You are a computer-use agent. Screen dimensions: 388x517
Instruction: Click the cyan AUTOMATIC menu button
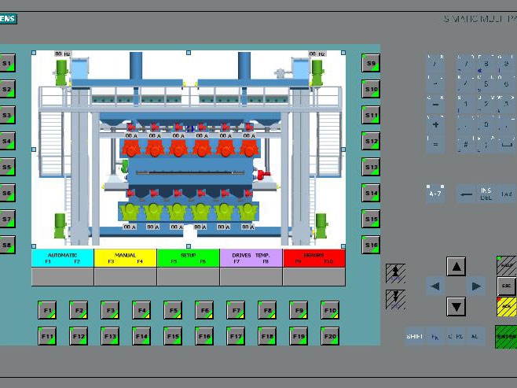62,258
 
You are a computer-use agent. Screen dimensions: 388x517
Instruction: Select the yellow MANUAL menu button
125,258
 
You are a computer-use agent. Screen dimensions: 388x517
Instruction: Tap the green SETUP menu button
188,258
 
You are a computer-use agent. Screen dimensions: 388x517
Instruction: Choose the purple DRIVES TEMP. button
251,258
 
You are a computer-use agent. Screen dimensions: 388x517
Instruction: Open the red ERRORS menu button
313,258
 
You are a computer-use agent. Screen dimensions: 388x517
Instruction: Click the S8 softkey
7,245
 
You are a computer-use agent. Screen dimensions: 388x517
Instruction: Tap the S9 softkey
371,64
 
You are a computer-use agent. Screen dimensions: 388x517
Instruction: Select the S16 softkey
371,245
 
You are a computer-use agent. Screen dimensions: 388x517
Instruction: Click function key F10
329,311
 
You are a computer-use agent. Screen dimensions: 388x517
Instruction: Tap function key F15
172,336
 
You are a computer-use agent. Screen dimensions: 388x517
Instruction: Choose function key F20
329,336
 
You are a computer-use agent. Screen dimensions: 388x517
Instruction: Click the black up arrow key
456,267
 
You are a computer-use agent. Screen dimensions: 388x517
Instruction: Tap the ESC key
507,286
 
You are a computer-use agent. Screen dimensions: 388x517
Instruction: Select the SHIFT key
414,336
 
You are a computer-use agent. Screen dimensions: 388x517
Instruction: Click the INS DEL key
486,194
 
